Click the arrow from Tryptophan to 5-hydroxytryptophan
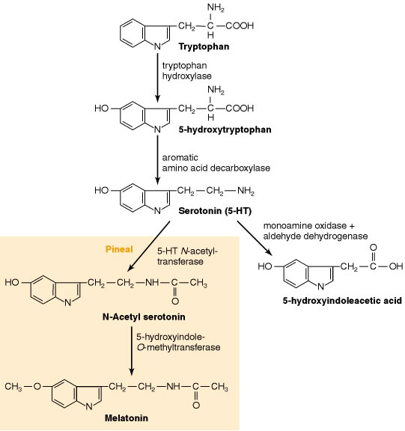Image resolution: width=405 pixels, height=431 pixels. pos(157,79)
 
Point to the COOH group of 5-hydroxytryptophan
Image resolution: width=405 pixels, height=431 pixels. pos(240,108)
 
